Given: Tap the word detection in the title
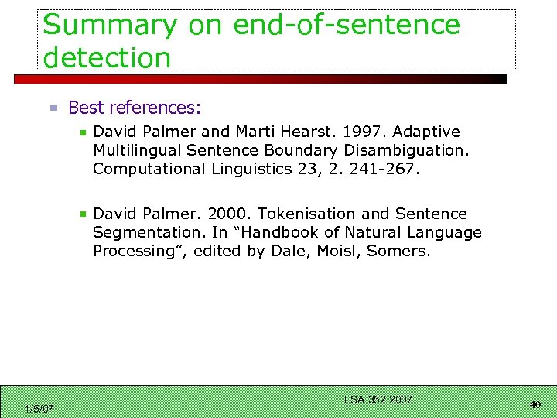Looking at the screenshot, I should click(x=107, y=57).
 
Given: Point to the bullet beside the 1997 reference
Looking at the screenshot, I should click(x=84, y=132).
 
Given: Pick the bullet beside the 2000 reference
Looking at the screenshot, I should click(x=84, y=214).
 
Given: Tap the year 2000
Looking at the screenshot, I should click(x=230, y=214).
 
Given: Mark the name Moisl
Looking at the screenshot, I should click(x=337, y=251).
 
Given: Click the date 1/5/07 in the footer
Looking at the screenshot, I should click(x=39, y=409).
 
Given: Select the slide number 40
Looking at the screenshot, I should click(x=535, y=404).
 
